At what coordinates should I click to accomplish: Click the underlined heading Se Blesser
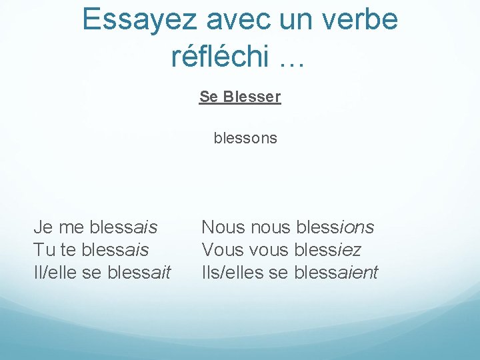tap(240, 97)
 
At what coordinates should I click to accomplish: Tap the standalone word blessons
tap(245, 139)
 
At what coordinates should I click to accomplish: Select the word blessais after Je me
tap(123, 227)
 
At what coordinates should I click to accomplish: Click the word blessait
tap(137, 273)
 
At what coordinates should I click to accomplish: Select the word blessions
tap(334, 227)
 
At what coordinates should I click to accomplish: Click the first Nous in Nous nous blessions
tap(223, 227)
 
